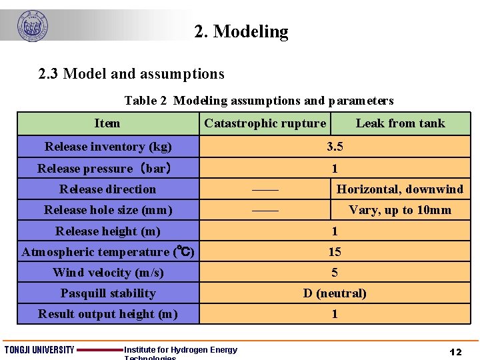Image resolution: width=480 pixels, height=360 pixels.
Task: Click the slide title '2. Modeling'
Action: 241,31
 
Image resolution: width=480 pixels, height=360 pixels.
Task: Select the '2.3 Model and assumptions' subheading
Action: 131,73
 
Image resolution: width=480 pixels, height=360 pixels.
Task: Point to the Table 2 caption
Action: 259,101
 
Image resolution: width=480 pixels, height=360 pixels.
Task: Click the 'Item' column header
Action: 107,123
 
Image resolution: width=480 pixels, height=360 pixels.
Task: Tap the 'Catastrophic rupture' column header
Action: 265,123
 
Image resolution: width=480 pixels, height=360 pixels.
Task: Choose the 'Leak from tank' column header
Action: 400,123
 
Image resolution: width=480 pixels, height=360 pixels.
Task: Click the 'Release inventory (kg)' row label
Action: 108,147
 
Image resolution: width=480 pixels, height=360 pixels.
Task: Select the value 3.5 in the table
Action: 335,147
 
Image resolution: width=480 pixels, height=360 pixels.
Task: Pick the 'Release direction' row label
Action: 107,189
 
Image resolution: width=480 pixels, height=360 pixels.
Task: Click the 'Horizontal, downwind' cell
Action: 400,189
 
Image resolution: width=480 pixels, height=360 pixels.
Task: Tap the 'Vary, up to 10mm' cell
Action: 400,210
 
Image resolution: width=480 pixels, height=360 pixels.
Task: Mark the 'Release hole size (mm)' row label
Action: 108,210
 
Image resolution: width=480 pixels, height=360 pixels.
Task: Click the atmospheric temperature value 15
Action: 335,252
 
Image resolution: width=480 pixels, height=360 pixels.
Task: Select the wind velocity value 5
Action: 335,273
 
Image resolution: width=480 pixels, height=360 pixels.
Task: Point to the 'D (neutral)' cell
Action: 335,293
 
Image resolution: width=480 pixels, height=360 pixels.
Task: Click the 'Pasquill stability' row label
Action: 108,293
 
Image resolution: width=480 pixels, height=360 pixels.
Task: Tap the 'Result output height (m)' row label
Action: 108,314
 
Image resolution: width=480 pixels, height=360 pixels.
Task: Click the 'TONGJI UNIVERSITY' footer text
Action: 39,351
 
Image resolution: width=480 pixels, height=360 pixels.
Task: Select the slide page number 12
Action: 456,351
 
